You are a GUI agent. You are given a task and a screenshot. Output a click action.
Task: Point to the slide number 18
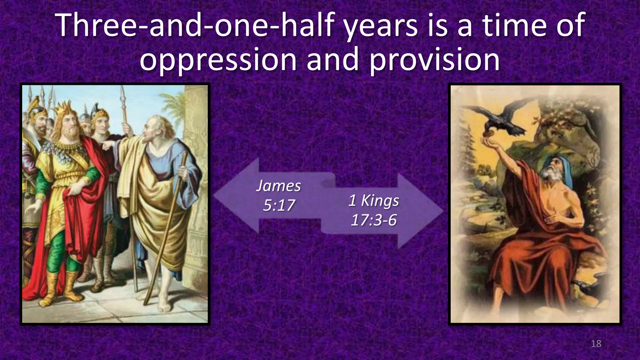[596, 344]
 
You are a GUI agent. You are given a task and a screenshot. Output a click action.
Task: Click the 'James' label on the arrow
[278, 186]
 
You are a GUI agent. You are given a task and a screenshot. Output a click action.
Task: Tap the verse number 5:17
[279, 205]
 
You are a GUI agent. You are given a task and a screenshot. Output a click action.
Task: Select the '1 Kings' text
[374, 200]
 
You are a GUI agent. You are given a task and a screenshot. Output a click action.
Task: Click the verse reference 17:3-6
[374, 220]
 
